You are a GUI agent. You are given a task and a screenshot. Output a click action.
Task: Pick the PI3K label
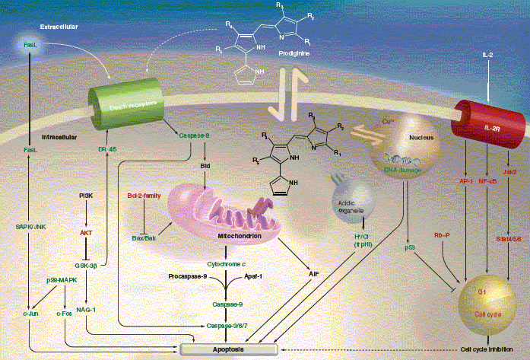[86, 196]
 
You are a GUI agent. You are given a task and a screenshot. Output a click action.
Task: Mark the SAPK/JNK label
[31, 226]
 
